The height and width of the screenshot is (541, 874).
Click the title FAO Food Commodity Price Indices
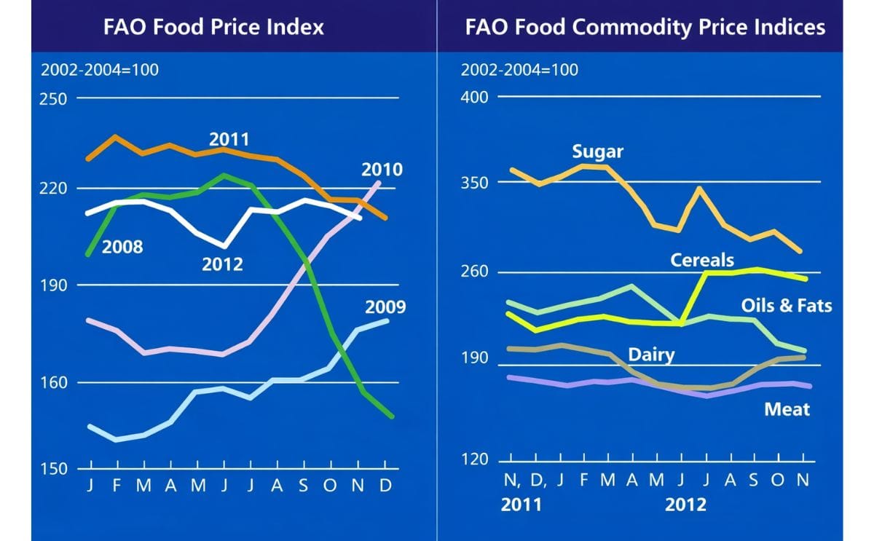[645, 27]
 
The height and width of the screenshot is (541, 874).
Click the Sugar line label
[597, 151]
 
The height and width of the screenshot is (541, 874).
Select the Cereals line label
[702, 259]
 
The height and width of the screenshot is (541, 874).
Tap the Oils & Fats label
[786, 305]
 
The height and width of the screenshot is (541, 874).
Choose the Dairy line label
[651, 355]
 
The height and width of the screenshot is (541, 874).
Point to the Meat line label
[787, 409]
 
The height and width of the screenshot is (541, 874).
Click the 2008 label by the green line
[122, 246]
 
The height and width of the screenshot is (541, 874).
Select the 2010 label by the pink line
[382, 170]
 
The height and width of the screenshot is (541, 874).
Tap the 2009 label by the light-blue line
[385, 307]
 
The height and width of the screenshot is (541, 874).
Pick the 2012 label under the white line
[222, 264]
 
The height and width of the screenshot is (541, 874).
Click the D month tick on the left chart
[385, 485]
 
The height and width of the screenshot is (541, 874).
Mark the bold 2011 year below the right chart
[521, 505]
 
